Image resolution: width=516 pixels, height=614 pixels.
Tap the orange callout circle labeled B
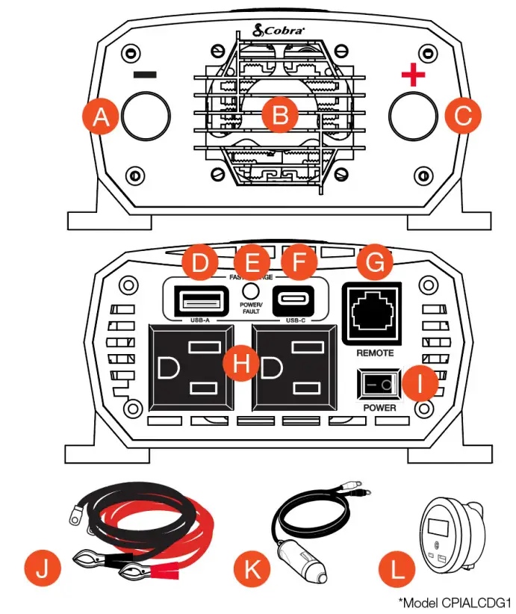(x=280, y=116)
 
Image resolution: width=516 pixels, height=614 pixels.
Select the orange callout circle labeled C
(x=462, y=116)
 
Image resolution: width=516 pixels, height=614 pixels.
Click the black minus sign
(x=146, y=76)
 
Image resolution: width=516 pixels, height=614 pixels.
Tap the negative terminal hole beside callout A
(x=146, y=117)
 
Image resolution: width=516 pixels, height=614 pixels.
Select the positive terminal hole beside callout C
(x=413, y=117)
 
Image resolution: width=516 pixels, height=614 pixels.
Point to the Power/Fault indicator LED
(x=251, y=291)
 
